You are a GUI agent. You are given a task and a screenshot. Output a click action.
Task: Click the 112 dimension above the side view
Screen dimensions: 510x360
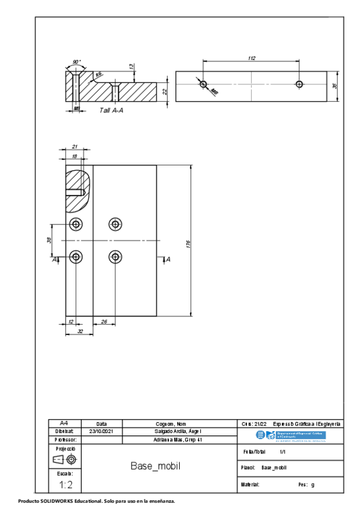[x=251, y=58]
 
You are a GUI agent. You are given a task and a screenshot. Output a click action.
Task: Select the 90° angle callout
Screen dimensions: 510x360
[x=76, y=62]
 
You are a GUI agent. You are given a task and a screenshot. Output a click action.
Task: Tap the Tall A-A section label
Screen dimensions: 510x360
[x=111, y=111]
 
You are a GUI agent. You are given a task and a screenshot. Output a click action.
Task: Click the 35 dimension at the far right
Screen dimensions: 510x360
[x=335, y=87]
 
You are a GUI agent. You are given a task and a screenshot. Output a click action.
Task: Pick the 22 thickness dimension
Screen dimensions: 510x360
[x=165, y=91]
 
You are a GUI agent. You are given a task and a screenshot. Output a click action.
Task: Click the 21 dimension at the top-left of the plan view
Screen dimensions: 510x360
[x=75, y=147]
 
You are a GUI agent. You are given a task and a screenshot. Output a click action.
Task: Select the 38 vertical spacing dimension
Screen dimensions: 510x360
[x=49, y=240]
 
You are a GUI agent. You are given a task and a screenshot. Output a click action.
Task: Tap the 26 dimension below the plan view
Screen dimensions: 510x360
[x=105, y=322]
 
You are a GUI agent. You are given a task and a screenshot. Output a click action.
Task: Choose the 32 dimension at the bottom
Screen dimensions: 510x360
[x=79, y=331]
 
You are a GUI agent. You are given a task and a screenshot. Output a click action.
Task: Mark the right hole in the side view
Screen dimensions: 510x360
[x=299, y=83]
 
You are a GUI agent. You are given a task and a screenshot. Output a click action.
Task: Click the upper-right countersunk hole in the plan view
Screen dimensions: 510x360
[x=115, y=224]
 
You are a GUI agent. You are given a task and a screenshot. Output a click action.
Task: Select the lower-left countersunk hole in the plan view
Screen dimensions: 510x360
[x=76, y=257]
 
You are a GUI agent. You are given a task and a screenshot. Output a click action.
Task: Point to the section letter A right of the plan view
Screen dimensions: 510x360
[x=168, y=259]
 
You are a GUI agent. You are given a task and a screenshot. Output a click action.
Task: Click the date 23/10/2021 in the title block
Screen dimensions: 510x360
[x=100, y=431]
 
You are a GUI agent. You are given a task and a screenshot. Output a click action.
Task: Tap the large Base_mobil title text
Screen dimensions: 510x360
[x=156, y=466]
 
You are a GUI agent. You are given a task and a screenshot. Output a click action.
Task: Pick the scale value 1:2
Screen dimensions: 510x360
[x=66, y=484]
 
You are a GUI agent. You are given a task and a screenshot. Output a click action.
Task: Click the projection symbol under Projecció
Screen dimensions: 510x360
[x=65, y=460]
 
